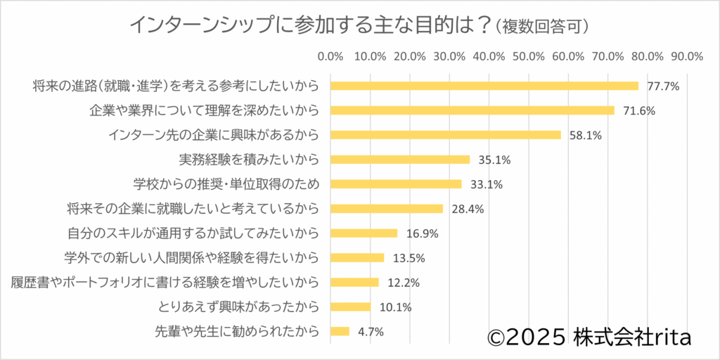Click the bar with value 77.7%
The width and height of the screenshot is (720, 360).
(x=484, y=86)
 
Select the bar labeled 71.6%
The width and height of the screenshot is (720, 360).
(x=472, y=110)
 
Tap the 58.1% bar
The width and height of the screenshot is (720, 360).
(x=446, y=135)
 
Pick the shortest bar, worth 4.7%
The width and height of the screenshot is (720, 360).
(x=340, y=331)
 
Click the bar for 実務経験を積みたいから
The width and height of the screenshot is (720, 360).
(x=400, y=160)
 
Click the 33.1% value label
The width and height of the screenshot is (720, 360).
(x=484, y=185)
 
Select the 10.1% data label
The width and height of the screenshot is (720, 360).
(x=395, y=307)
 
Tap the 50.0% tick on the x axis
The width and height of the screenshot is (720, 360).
(x=529, y=56)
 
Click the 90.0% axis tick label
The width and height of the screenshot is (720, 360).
(x=687, y=56)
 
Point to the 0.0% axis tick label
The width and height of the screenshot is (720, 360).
(x=330, y=56)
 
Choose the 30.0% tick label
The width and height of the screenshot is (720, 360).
(x=449, y=56)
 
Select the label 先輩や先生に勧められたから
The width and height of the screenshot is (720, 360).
(x=236, y=331)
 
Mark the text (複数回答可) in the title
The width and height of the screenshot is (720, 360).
(x=542, y=26)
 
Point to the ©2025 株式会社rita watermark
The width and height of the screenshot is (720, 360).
(x=589, y=337)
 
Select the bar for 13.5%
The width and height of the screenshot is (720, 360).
(x=357, y=258)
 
